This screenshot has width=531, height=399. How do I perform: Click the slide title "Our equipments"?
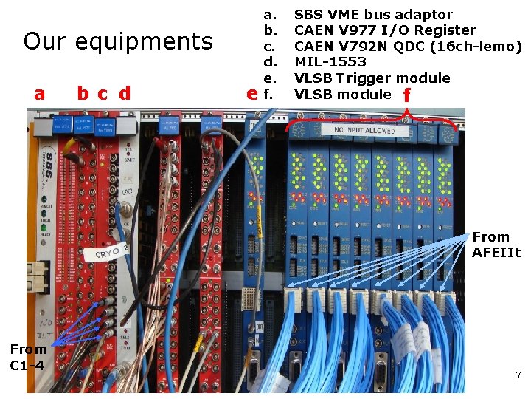(x=117, y=41)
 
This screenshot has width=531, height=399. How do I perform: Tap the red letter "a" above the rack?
(x=40, y=93)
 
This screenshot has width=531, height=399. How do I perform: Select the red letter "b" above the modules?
(x=83, y=93)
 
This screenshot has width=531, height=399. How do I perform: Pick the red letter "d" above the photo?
(x=125, y=93)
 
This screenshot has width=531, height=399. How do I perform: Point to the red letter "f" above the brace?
(x=406, y=95)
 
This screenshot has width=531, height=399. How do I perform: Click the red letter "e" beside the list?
(x=252, y=94)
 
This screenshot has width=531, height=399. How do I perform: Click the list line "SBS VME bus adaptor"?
(x=373, y=14)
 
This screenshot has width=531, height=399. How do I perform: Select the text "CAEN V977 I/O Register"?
(x=385, y=30)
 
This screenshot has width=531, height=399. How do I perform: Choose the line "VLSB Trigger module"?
(x=372, y=78)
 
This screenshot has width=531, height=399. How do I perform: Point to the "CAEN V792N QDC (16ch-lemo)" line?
(x=408, y=47)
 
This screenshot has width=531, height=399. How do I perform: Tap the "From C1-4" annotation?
(x=28, y=357)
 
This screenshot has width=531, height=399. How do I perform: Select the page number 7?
(x=518, y=376)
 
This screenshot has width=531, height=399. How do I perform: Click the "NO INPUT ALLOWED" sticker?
(x=374, y=130)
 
